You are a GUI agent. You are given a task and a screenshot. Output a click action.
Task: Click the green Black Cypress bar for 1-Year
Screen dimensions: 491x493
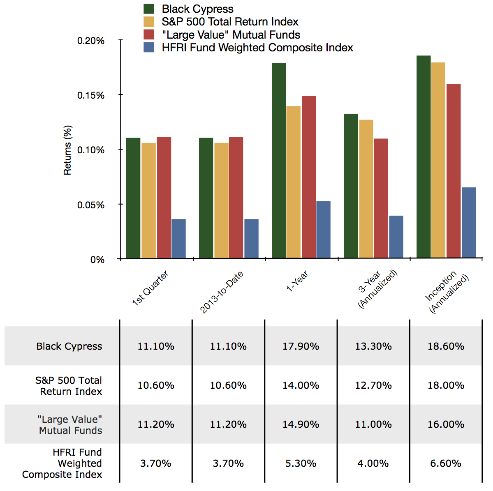point(279,160)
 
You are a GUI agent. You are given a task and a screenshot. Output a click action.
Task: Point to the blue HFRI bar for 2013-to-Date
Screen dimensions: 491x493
point(251,238)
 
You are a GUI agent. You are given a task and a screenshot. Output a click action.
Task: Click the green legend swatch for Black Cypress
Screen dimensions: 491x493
point(148,9)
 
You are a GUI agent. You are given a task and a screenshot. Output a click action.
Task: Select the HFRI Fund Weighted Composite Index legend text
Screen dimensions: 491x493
point(257,48)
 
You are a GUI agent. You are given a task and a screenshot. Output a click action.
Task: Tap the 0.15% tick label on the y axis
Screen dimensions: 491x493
point(90,95)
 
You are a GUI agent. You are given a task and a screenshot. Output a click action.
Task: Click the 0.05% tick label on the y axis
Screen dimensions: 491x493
point(90,205)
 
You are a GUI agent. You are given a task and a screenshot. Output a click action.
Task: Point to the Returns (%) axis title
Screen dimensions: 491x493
point(67,150)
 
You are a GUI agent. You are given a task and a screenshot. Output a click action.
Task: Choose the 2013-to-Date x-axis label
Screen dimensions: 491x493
point(222,292)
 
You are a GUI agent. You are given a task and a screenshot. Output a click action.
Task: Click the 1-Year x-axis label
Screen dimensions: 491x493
point(297,281)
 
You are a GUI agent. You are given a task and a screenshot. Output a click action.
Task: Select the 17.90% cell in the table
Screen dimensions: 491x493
point(301,346)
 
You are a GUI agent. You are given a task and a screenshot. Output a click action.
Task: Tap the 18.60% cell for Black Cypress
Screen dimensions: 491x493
point(446,346)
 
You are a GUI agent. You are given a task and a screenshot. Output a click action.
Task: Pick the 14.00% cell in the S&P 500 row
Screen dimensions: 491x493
point(301,385)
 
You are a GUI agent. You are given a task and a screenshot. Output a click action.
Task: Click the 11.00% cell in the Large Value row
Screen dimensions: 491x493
point(373,424)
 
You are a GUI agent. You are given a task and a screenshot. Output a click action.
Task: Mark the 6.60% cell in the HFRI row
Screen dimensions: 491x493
point(446,463)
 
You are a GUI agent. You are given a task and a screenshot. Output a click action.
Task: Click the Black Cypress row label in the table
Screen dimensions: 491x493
point(69,346)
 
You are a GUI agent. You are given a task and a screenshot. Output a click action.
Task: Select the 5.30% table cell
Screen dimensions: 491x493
point(301,463)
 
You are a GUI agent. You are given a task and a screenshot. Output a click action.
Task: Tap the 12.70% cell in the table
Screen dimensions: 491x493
point(373,385)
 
